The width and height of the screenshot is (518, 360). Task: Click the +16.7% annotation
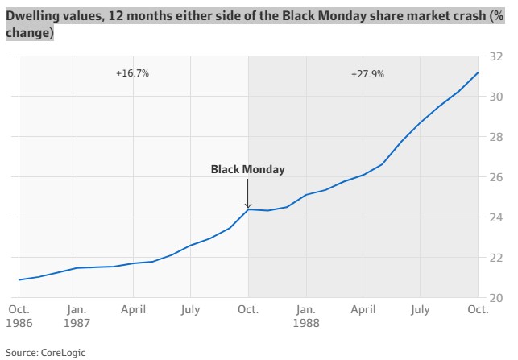(132, 72)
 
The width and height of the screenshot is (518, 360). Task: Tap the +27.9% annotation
(367, 73)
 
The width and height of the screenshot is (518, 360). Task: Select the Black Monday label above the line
(247, 170)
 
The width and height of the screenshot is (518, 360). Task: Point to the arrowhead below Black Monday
(248, 206)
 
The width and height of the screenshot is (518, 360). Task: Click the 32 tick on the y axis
(496, 56)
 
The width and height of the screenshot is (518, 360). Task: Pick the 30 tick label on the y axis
(496, 97)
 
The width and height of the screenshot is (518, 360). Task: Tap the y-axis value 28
(496, 137)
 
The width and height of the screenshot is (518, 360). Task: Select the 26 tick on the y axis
(496, 177)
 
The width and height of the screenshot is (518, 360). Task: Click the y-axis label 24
(496, 217)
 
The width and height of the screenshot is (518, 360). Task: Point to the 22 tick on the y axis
(496, 258)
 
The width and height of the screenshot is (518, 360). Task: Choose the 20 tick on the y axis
(496, 298)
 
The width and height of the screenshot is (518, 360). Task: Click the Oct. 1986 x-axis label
(19, 315)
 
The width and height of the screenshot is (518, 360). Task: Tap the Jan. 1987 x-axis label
(77, 315)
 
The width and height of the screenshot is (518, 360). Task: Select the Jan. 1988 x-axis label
(305, 315)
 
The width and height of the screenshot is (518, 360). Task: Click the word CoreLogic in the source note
(64, 352)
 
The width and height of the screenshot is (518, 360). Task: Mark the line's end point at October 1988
(479, 72)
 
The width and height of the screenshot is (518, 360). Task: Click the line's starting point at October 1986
(19, 280)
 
